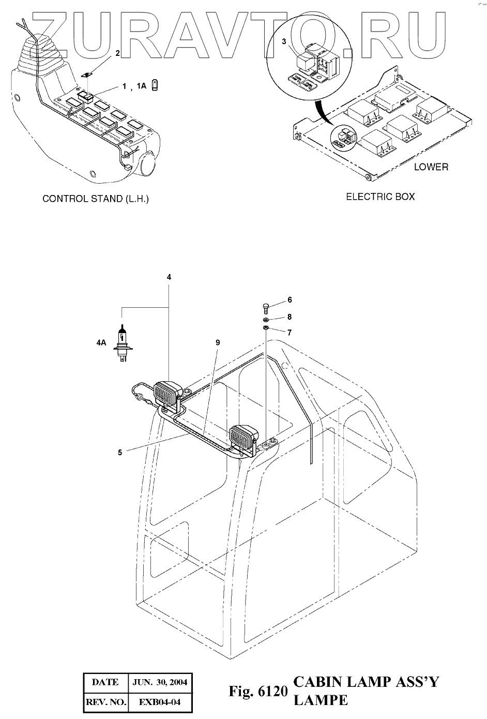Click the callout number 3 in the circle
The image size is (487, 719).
point(284,41)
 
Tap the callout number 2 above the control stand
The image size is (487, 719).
point(117,53)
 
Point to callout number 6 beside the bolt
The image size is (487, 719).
point(290,300)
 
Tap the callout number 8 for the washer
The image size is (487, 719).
point(290,317)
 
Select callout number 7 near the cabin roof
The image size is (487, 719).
point(290,333)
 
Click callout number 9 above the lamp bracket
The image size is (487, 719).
point(218,342)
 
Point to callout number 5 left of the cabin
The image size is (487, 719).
point(120,452)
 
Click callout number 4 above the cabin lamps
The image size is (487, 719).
point(169,277)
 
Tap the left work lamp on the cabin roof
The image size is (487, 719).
point(166,393)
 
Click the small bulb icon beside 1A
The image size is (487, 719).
point(155,86)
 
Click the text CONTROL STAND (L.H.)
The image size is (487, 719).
point(96,199)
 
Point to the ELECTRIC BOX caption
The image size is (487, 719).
point(380,197)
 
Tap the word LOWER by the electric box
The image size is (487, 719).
point(431,167)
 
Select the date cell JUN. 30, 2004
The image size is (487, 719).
point(160,682)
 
